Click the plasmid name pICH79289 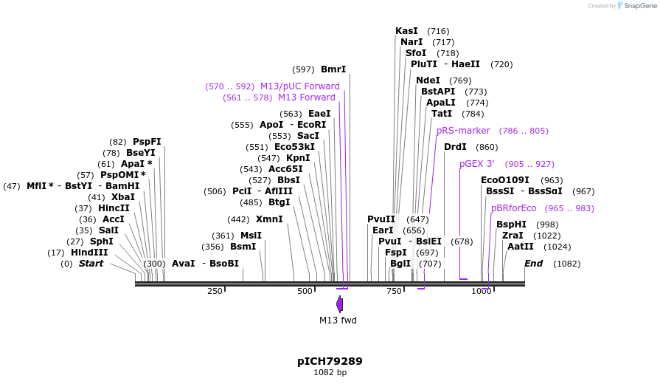[330, 361]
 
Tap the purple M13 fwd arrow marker [340, 304]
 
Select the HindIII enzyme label [89, 253]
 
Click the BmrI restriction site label [333, 69]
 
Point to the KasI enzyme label [406, 31]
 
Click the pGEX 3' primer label [477, 164]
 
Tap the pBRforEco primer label [514, 208]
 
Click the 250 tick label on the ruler [215, 292]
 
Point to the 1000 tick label [482, 292]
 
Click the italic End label [533, 264]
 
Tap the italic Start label [91, 264]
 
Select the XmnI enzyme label [269, 219]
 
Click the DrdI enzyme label [455, 147]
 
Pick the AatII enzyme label [521, 247]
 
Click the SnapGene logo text [638, 6]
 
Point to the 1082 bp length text [330, 372]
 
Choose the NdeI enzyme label [428, 80]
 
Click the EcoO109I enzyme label [505, 180]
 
